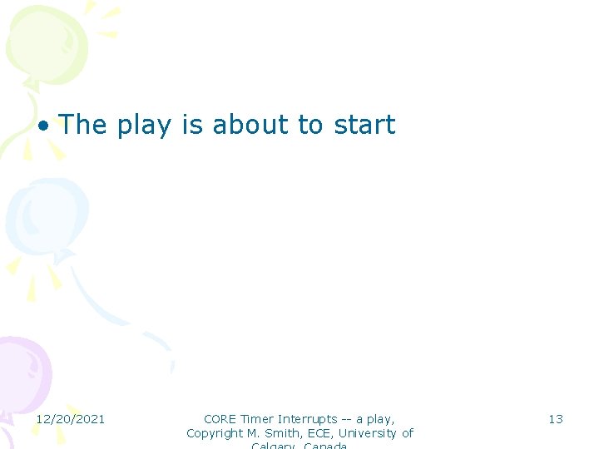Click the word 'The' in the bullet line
click(x=83, y=125)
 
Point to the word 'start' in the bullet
click(x=364, y=125)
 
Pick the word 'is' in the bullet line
click(x=192, y=125)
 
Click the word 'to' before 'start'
click(x=310, y=125)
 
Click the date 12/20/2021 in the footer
click(x=70, y=419)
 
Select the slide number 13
click(x=555, y=419)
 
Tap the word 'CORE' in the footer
click(x=220, y=419)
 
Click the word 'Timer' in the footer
click(x=257, y=419)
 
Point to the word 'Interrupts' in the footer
click(x=308, y=419)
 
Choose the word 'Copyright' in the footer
click(x=213, y=433)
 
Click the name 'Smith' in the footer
click(x=283, y=433)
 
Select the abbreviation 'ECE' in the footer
click(x=320, y=433)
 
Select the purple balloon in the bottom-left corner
click(x=21, y=374)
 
